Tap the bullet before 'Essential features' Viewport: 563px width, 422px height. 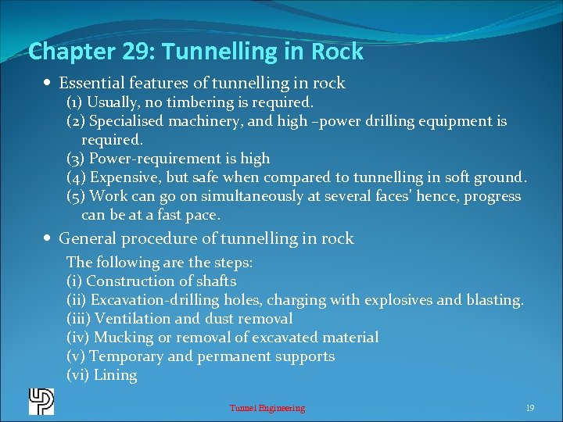click(x=49, y=83)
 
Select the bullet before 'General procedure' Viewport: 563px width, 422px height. click(x=49, y=238)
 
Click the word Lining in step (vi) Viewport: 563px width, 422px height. click(x=115, y=375)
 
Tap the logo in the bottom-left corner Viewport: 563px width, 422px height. click(x=41, y=402)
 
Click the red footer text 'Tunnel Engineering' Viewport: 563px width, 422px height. click(x=267, y=408)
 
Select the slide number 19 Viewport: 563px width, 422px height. click(x=529, y=408)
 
